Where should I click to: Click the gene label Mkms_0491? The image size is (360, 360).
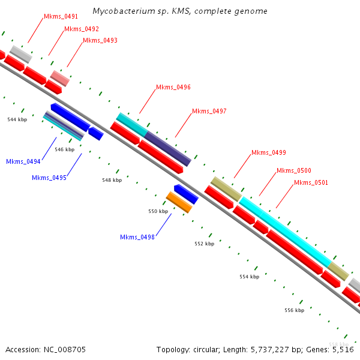[x=61, y=17]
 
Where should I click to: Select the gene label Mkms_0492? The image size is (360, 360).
[x=82, y=29]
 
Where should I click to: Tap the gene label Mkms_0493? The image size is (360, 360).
[x=100, y=41]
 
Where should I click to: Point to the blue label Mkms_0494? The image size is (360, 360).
[x=23, y=161]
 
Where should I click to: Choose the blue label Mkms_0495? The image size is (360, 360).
[x=49, y=178]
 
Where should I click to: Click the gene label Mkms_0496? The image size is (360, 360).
[x=173, y=88]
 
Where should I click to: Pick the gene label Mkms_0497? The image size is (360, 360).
[x=209, y=112]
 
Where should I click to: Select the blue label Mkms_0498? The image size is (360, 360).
[x=137, y=237]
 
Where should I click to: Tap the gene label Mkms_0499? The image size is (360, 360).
[x=269, y=152]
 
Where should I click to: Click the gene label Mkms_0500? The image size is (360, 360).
[x=294, y=171]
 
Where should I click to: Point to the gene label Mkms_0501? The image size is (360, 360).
[x=311, y=183]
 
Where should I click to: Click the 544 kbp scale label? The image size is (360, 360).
[x=17, y=120]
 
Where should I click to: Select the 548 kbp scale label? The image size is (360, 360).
[x=112, y=180]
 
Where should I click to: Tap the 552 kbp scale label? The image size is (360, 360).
[x=204, y=244]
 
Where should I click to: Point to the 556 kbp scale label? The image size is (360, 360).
[x=294, y=310]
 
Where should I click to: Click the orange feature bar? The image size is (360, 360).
[x=179, y=202]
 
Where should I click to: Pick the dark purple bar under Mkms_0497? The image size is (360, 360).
[x=167, y=148]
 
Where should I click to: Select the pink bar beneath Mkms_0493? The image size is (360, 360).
[x=60, y=78]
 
